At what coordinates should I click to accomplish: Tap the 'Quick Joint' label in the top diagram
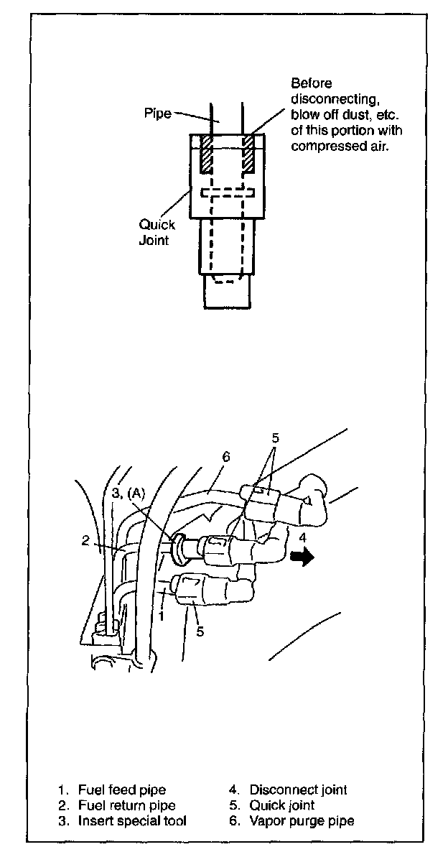tap(157, 233)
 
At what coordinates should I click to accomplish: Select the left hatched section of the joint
tap(205, 154)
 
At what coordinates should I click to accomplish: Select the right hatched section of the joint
tap(249, 154)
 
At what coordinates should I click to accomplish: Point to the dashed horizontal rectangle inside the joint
tap(228, 193)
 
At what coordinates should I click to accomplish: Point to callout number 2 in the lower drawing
tap(85, 541)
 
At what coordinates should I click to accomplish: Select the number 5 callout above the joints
tap(275, 437)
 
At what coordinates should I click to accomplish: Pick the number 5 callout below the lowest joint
tap(200, 631)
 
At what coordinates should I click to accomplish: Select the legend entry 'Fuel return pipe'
tap(122, 805)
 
